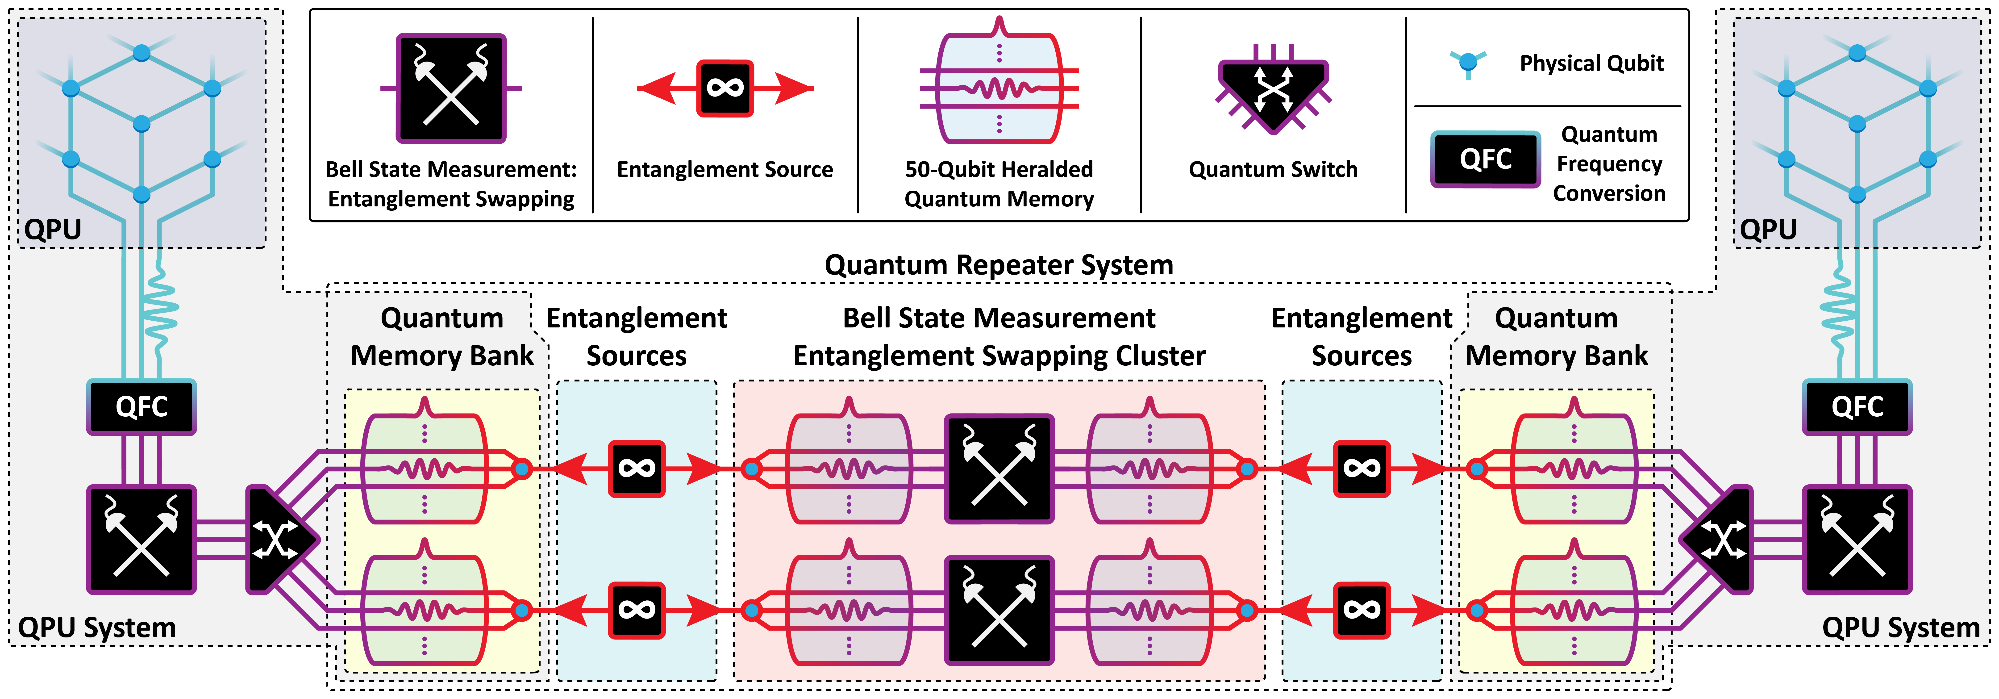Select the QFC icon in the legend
[x=1485, y=159]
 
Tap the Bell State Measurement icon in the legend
[x=451, y=88]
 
